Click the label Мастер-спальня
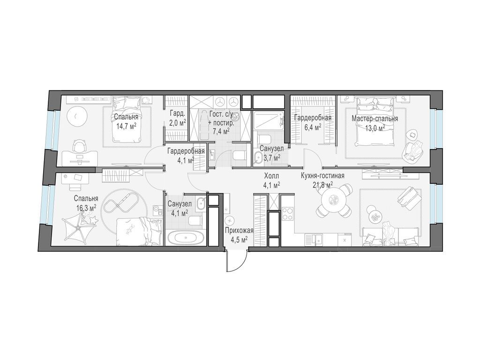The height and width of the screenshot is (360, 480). tap(375, 119)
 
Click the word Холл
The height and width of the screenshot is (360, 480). tap(272, 176)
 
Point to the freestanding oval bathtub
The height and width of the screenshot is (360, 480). tap(185, 238)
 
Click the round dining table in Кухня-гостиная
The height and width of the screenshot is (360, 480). tap(333, 200)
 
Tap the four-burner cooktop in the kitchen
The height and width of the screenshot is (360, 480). tap(288, 213)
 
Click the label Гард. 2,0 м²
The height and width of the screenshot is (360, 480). tap(178, 119)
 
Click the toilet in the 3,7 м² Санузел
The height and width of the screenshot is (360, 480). tap(264, 139)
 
